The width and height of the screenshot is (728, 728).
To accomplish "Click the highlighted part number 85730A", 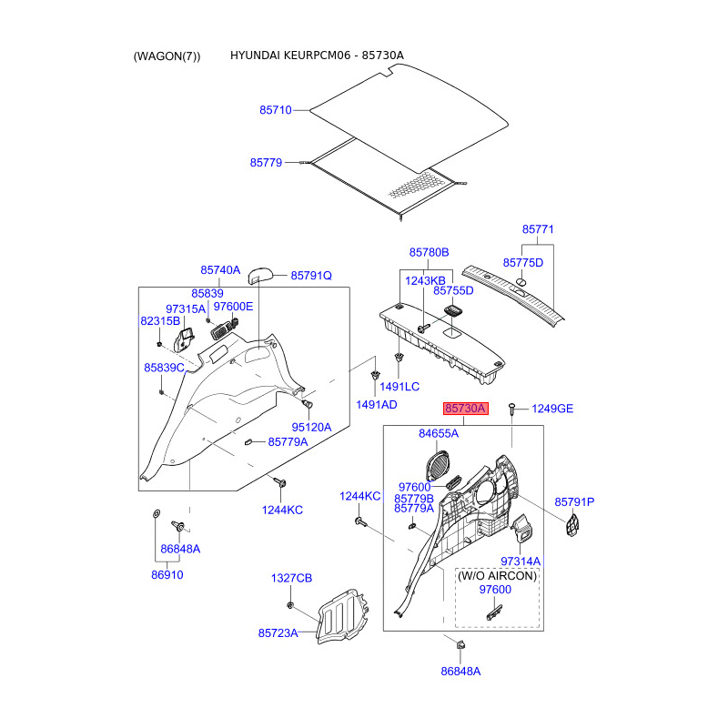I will tap(466, 409).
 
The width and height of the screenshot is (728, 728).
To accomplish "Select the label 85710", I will tap(276, 110).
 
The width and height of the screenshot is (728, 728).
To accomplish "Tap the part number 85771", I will tap(538, 230).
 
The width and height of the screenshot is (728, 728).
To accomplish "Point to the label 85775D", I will tap(524, 263).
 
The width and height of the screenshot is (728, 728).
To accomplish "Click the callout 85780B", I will tap(429, 252).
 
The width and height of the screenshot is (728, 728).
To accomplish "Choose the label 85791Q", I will tap(311, 276).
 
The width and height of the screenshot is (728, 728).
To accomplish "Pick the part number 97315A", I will tap(186, 309).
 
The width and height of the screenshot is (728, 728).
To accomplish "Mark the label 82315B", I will tap(160, 322).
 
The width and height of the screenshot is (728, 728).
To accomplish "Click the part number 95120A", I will tap(311, 427).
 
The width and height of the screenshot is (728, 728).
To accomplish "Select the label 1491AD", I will tap(376, 404).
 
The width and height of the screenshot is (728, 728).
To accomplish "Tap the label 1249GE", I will tap(552, 409).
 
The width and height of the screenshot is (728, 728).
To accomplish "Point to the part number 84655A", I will tap(439, 434).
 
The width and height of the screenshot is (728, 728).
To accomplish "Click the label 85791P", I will tap(574, 502).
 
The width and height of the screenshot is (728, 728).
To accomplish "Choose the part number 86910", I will tap(167, 576).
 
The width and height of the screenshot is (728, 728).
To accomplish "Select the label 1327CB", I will tap(291, 579).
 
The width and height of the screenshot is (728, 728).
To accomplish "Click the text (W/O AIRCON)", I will tap(497, 576).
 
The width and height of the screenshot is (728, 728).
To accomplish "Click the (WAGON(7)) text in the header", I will tap(167, 56).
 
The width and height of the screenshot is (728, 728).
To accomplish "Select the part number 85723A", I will tap(278, 632).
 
